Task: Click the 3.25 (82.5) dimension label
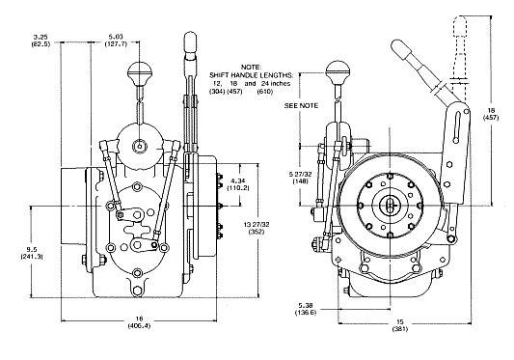[41, 40]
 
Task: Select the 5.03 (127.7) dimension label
[116, 40]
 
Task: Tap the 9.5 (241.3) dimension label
[32, 253]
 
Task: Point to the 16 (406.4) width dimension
[139, 321]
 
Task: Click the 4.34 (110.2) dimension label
[239, 184]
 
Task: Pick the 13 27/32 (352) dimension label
[257, 228]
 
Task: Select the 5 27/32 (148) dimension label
[300, 178]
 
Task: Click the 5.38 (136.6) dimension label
[305, 309]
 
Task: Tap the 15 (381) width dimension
[400, 325]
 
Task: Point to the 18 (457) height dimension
[491, 114]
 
